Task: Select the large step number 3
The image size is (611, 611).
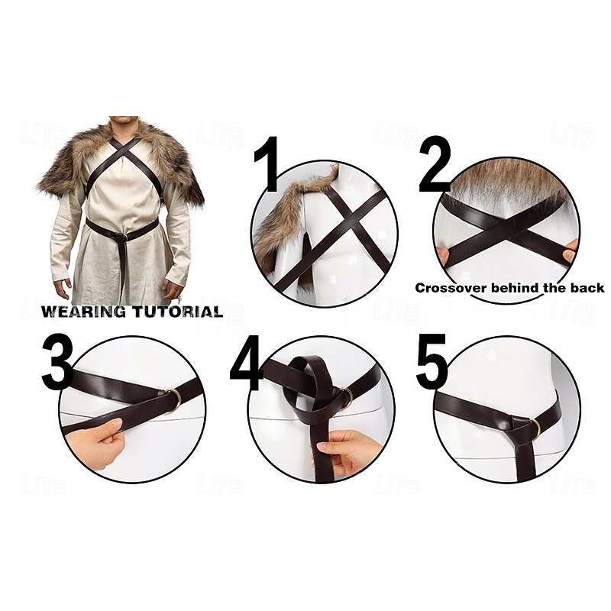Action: click(57, 362)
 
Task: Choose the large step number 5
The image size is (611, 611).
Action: click(432, 360)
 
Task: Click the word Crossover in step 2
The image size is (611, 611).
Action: click(451, 288)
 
